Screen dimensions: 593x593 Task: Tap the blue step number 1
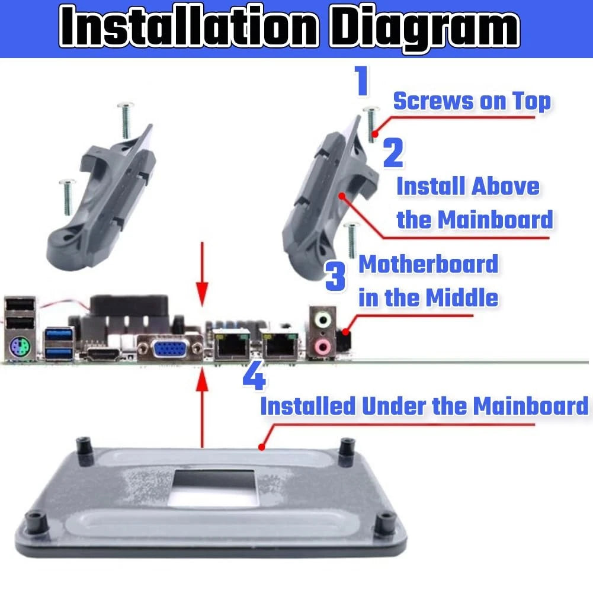point(362,80)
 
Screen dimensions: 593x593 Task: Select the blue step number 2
point(393,152)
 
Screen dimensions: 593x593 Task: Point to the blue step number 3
point(335,276)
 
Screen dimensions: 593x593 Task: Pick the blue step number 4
point(254,376)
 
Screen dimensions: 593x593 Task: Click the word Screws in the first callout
point(434,101)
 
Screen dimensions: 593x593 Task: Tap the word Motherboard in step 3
point(428,264)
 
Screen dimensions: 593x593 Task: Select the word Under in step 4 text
point(394,406)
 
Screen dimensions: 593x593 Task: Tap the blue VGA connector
point(169,348)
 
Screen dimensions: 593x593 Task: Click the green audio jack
point(323,319)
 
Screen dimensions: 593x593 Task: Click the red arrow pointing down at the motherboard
point(203,274)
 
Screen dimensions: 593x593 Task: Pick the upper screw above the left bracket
point(126,120)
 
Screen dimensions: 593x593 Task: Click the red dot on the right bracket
point(342,196)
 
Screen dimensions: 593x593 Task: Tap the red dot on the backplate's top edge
point(261,447)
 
